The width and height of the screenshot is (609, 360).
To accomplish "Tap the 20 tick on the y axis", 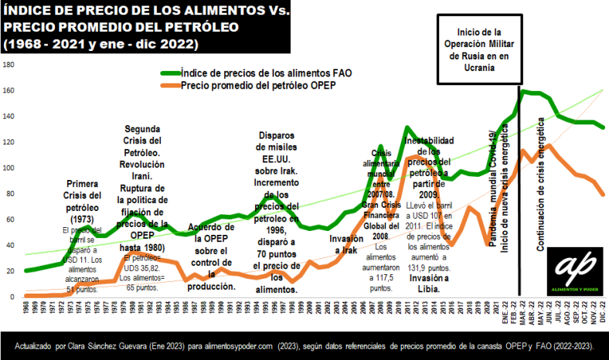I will [9, 271].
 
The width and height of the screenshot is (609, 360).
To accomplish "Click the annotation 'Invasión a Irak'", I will [341, 245].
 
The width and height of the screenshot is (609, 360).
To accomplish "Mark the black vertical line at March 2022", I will [518, 193].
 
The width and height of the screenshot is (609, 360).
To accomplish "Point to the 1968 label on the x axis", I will [26, 309].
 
